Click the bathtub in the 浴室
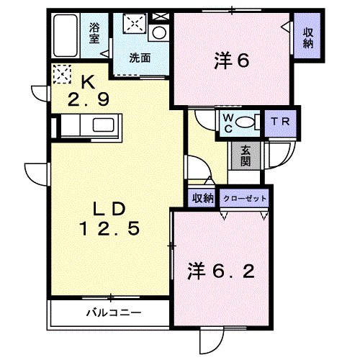coord(66,35)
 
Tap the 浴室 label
coord(94,32)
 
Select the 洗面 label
coord(140,58)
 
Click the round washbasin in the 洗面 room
coord(159,32)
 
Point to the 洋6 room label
coord(232,60)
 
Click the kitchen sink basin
coord(103,125)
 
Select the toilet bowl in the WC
coord(245,122)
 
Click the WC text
coord(228,123)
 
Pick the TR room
coord(281,123)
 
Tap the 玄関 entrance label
coord(246,156)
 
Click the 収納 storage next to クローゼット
coord(203,199)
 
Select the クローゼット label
coord(245,199)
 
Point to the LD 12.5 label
coord(109,219)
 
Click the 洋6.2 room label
coord(221,271)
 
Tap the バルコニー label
coord(114,312)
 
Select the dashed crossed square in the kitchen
coord(62,74)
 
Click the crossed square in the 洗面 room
coord(135,23)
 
